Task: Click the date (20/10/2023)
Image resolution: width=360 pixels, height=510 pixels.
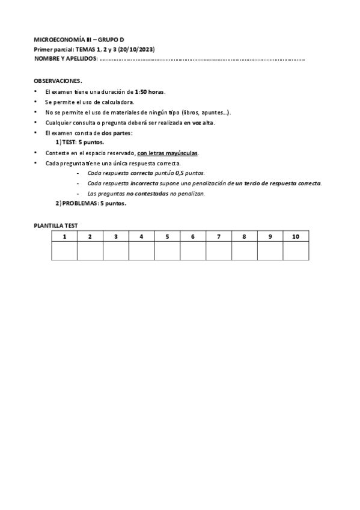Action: [x=137, y=49]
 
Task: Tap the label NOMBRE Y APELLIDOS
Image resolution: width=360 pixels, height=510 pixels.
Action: [x=64, y=59]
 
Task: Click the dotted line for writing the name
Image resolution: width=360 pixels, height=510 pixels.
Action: [x=202, y=60]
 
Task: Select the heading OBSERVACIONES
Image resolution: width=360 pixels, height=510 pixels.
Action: [x=58, y=81]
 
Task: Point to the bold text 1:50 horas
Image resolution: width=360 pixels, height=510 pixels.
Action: [x=150, y=91]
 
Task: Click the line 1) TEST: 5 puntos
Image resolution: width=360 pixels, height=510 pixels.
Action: [x=79, y=143]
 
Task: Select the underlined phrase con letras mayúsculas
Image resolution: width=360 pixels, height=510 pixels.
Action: [x=168, y=153]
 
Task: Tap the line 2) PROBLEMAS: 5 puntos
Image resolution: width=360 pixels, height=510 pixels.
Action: [x=91, y=203]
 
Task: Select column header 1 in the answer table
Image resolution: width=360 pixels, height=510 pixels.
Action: [x=64, y=237]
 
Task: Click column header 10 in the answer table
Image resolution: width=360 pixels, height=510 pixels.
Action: [x=296, y=237]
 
